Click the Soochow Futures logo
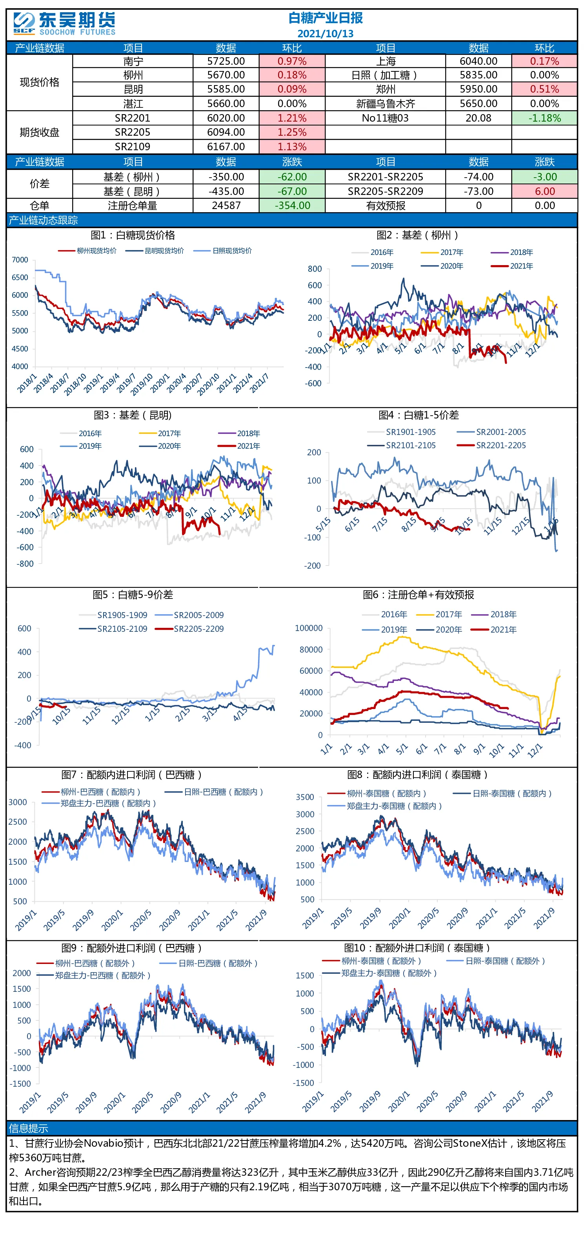point(65,24)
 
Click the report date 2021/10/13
point(326,34)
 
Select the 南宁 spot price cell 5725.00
point(226,61)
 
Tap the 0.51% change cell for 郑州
point(544,89)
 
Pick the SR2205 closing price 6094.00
point(226,132)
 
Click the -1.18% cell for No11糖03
point(544,118)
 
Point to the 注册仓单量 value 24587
point(226,205)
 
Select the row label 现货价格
point(40,82)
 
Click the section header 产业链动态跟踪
point(44,220)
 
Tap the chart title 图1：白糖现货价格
point(133,235)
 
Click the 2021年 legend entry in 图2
point(512,266)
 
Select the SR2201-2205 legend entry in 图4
point(491,446)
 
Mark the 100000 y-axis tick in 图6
point(309,628)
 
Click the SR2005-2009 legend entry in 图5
point(189,615)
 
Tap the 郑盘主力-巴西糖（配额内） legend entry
point(99,803)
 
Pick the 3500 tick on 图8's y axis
point(305,797)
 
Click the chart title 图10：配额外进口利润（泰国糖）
point(418,948)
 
